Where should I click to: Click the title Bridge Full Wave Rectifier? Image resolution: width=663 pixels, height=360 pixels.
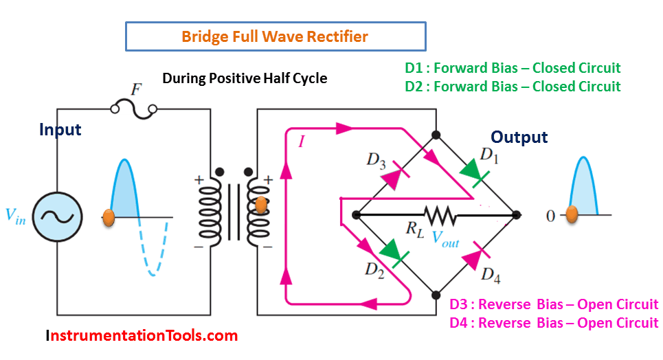coord(275,36)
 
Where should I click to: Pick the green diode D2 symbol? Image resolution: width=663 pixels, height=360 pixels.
coord(393,252)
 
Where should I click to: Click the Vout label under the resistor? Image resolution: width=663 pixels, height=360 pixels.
coord(445,236)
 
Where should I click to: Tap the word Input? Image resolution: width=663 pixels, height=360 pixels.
coord(60,130)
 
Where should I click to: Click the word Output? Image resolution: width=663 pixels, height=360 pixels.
coord(519,137)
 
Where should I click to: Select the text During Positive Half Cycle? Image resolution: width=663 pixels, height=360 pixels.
coord(245,78)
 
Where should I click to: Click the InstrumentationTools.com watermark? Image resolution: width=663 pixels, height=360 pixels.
coord(142,336)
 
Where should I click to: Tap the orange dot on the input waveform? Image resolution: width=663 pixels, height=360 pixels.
coord(108,217)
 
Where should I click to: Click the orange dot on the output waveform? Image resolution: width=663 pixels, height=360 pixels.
coord(572,215)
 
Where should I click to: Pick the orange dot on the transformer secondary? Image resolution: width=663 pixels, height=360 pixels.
coord(260,204)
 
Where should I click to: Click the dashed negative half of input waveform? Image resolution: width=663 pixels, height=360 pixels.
coord(155,250)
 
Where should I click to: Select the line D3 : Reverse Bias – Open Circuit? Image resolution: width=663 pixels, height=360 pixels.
coord(554,304)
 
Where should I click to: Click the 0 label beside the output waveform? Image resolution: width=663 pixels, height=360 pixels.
coord(550,216)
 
